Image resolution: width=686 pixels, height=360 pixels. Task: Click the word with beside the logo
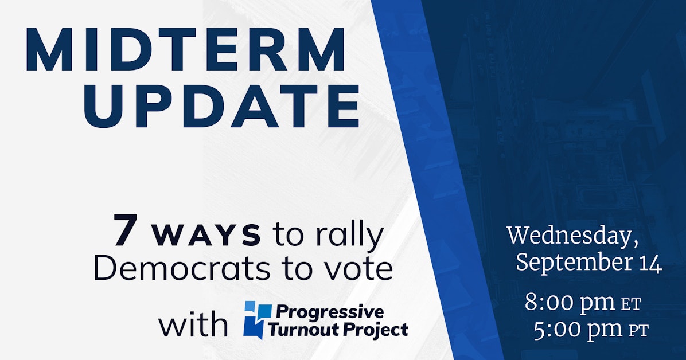pyautogui.click(x=193, y=324)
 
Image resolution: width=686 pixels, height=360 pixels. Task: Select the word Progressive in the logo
pyautogui.click(x=330, y=312)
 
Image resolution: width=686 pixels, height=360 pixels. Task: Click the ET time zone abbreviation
pyautogui.click(x=631, y=305)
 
